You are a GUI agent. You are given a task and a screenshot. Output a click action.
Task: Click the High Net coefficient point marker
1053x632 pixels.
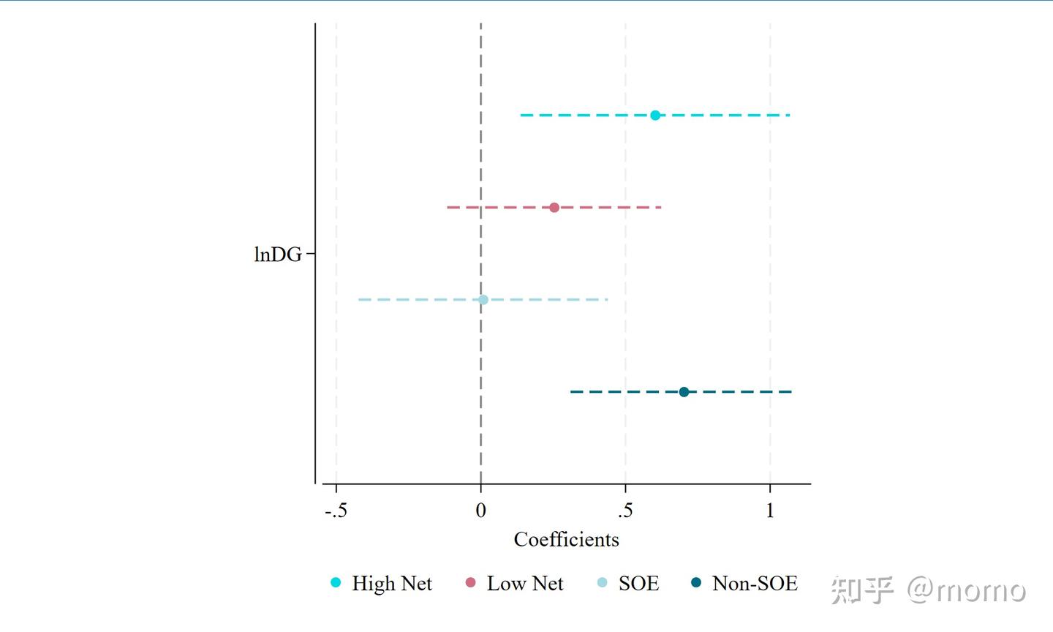655,116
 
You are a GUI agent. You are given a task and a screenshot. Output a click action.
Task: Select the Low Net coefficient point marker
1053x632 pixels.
554,208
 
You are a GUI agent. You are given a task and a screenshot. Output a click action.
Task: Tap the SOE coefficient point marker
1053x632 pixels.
483,300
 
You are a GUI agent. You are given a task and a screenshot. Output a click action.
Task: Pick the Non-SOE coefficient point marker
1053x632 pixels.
684,392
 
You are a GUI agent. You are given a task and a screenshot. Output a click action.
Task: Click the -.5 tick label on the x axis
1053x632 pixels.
336,511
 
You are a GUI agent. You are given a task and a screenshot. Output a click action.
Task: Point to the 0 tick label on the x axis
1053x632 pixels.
480,511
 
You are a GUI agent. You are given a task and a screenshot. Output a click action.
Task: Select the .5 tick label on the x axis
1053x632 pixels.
625,511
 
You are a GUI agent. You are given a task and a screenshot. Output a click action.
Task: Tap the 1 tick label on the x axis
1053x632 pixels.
770,511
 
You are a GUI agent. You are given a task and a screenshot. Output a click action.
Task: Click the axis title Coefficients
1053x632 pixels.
566,540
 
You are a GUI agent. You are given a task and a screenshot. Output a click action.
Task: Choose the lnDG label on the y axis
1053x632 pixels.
278,255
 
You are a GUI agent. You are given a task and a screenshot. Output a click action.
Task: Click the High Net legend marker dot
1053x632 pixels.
336,583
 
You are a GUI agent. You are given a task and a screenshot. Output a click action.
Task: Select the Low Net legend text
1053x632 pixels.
525,584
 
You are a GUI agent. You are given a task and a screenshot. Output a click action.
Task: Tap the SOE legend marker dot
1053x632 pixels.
603,583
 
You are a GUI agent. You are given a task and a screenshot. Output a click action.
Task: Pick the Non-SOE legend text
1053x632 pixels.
755,584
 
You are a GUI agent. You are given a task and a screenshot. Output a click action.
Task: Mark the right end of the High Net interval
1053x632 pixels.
789,116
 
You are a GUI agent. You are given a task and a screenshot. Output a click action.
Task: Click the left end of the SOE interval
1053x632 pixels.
359,300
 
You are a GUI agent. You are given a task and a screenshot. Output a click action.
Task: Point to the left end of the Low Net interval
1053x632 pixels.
448,208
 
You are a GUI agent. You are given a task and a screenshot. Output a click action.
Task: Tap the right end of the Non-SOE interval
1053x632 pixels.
791,392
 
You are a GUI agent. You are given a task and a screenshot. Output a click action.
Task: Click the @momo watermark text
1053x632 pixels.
967,590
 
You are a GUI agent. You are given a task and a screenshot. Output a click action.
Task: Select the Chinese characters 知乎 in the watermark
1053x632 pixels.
862,590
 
